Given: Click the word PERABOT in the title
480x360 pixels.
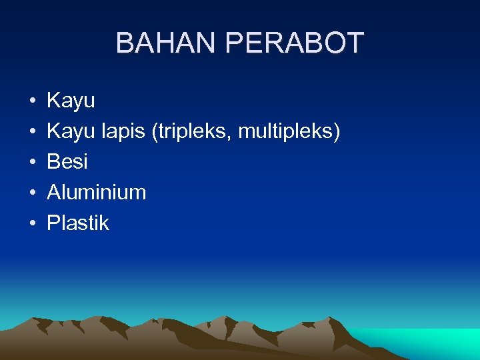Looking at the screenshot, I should (x=295, y=43).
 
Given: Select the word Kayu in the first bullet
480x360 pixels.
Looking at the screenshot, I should (x=71, y=101).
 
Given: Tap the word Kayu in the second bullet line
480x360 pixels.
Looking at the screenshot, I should (x=71, y=132).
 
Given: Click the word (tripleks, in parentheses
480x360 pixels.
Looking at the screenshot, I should (x=193, y=132).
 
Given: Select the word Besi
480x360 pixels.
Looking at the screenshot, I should (x=67, y=162).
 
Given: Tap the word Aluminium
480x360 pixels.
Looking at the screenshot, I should (x=96, y=193).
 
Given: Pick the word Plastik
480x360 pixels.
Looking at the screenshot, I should (x=78, y=223).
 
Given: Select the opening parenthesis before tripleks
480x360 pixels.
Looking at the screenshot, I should (x=155, y=132).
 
